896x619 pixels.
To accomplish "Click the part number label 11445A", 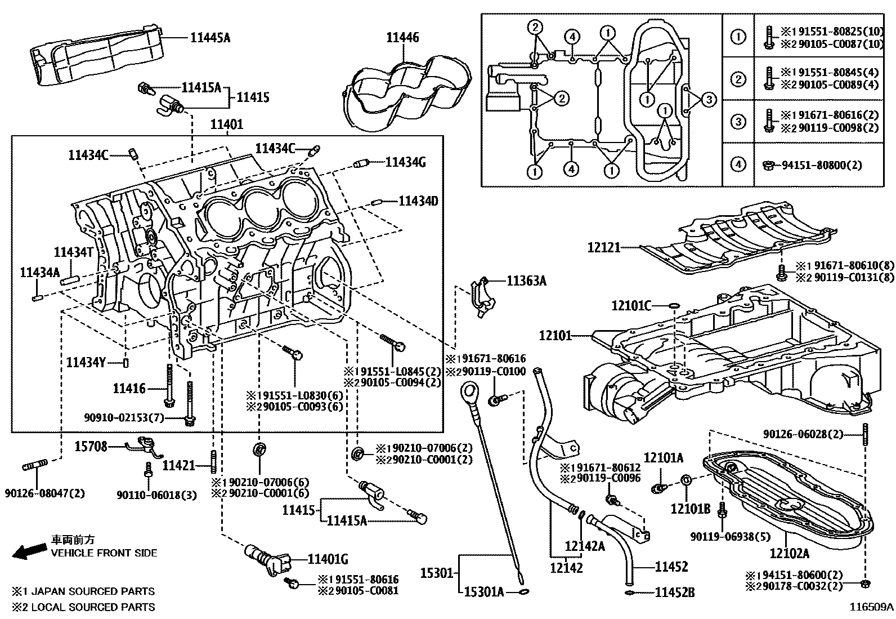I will [x=210, y=38].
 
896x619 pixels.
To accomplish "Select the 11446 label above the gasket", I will [x=402, y=38].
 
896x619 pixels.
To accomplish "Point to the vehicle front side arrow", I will [x=29, y=551].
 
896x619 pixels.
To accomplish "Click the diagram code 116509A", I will [x=871, y=607].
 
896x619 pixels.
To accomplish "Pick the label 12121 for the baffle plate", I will [x=604, y=247].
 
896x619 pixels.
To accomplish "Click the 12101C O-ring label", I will [x=631, y=306].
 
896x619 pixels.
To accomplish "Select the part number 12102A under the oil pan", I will [x=789, y=553].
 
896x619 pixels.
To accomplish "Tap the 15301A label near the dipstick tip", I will [x=483, y=592].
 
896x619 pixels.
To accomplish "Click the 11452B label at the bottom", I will [x=675, y=592].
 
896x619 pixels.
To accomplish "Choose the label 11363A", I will [x=526, y=280].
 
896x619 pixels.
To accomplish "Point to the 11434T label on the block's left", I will [x=73, y=252].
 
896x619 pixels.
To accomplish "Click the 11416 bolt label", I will [x=129, y=388].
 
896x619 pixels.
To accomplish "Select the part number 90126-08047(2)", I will [x=45, y=493].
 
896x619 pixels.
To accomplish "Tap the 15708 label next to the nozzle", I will [x=91, y=447].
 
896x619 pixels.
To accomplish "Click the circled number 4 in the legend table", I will [x=737, y=164].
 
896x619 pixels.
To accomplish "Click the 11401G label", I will [x=328, y=559].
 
